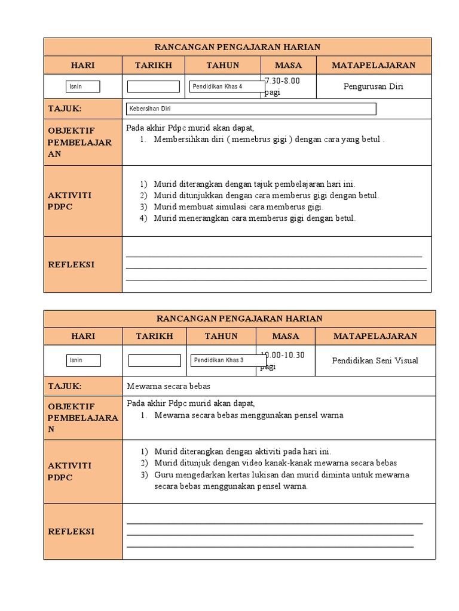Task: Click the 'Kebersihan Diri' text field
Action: [252, 109]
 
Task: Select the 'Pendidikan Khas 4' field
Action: [227, 87]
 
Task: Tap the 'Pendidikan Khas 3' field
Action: [228, 360]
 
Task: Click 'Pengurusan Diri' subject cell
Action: [374, 87]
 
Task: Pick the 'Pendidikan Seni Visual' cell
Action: [375, 360]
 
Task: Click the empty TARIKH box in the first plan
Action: [154, 87]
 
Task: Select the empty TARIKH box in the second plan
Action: [155, 360]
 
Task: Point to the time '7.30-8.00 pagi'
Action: [282, 87]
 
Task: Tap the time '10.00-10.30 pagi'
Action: [283, 360]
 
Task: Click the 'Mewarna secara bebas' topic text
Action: [169, 386]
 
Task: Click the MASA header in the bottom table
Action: [286, 336]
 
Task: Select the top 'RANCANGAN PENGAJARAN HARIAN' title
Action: [238, 47]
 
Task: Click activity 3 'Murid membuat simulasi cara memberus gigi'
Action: [238, 207]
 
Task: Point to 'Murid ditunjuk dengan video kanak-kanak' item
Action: [275, 463]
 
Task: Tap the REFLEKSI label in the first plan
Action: [71, 264]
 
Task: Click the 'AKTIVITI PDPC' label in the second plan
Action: [69, 471]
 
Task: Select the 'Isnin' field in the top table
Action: [83, 87]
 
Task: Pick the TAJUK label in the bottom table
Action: [65, 386]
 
